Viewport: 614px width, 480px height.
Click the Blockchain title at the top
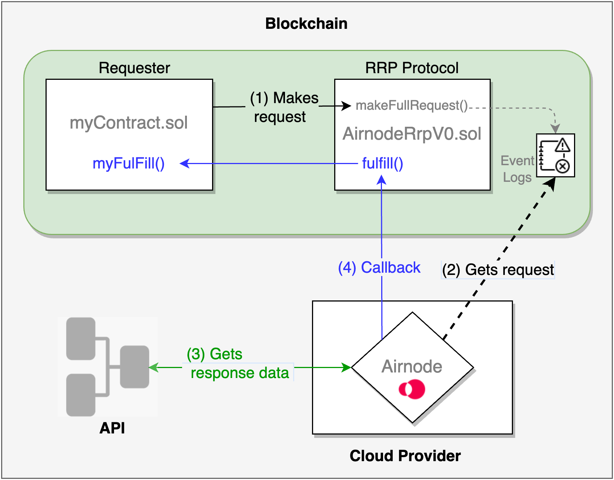click(306, 24)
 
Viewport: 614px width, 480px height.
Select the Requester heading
click(134, 68)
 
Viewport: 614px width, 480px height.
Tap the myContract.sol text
click(129, 123)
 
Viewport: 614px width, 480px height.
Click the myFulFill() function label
click(128, 163)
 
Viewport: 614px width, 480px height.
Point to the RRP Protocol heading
click(412, 68)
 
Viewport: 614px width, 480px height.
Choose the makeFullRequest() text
click(412, 106)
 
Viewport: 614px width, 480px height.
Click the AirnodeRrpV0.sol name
click(412, 134)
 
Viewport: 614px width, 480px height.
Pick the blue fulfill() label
click(382, 163)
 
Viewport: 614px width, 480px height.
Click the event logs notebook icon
click(555, 155)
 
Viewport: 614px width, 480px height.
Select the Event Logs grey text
click(517, 169)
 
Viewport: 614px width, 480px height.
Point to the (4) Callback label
click(379, 268)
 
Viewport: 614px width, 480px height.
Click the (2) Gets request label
click(498, 270)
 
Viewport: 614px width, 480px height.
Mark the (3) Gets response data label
click(239, 364)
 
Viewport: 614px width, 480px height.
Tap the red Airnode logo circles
click(412, 389)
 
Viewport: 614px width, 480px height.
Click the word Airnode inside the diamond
click(412, 367)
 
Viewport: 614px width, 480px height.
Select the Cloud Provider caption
click(405, 456)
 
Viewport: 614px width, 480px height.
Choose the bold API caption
click(112, 428)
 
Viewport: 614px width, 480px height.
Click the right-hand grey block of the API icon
click(135, 367)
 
